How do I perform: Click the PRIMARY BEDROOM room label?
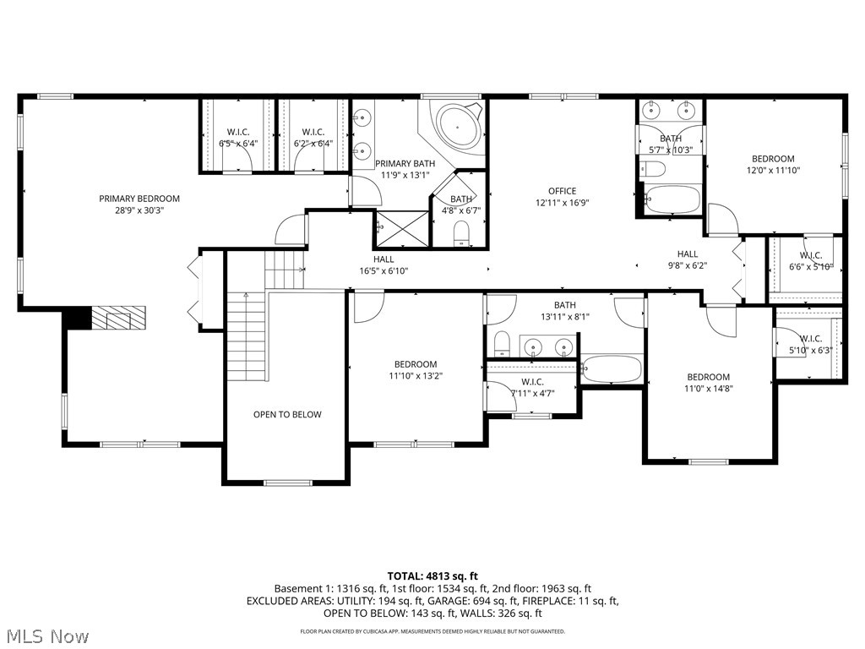click(x=139, y=199)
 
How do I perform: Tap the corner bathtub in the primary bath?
click(x=457, y=128)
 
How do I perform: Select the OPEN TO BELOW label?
click(x=287, y=414)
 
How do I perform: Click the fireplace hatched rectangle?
click(x=118, y=319)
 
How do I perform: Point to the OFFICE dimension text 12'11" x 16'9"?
click(x=561, y=203)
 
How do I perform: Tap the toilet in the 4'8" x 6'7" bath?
click(x=461, y=232)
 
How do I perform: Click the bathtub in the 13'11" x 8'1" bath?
click(x=612, y=368)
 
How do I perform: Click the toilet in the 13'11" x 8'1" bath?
click(x=502, y=342)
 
